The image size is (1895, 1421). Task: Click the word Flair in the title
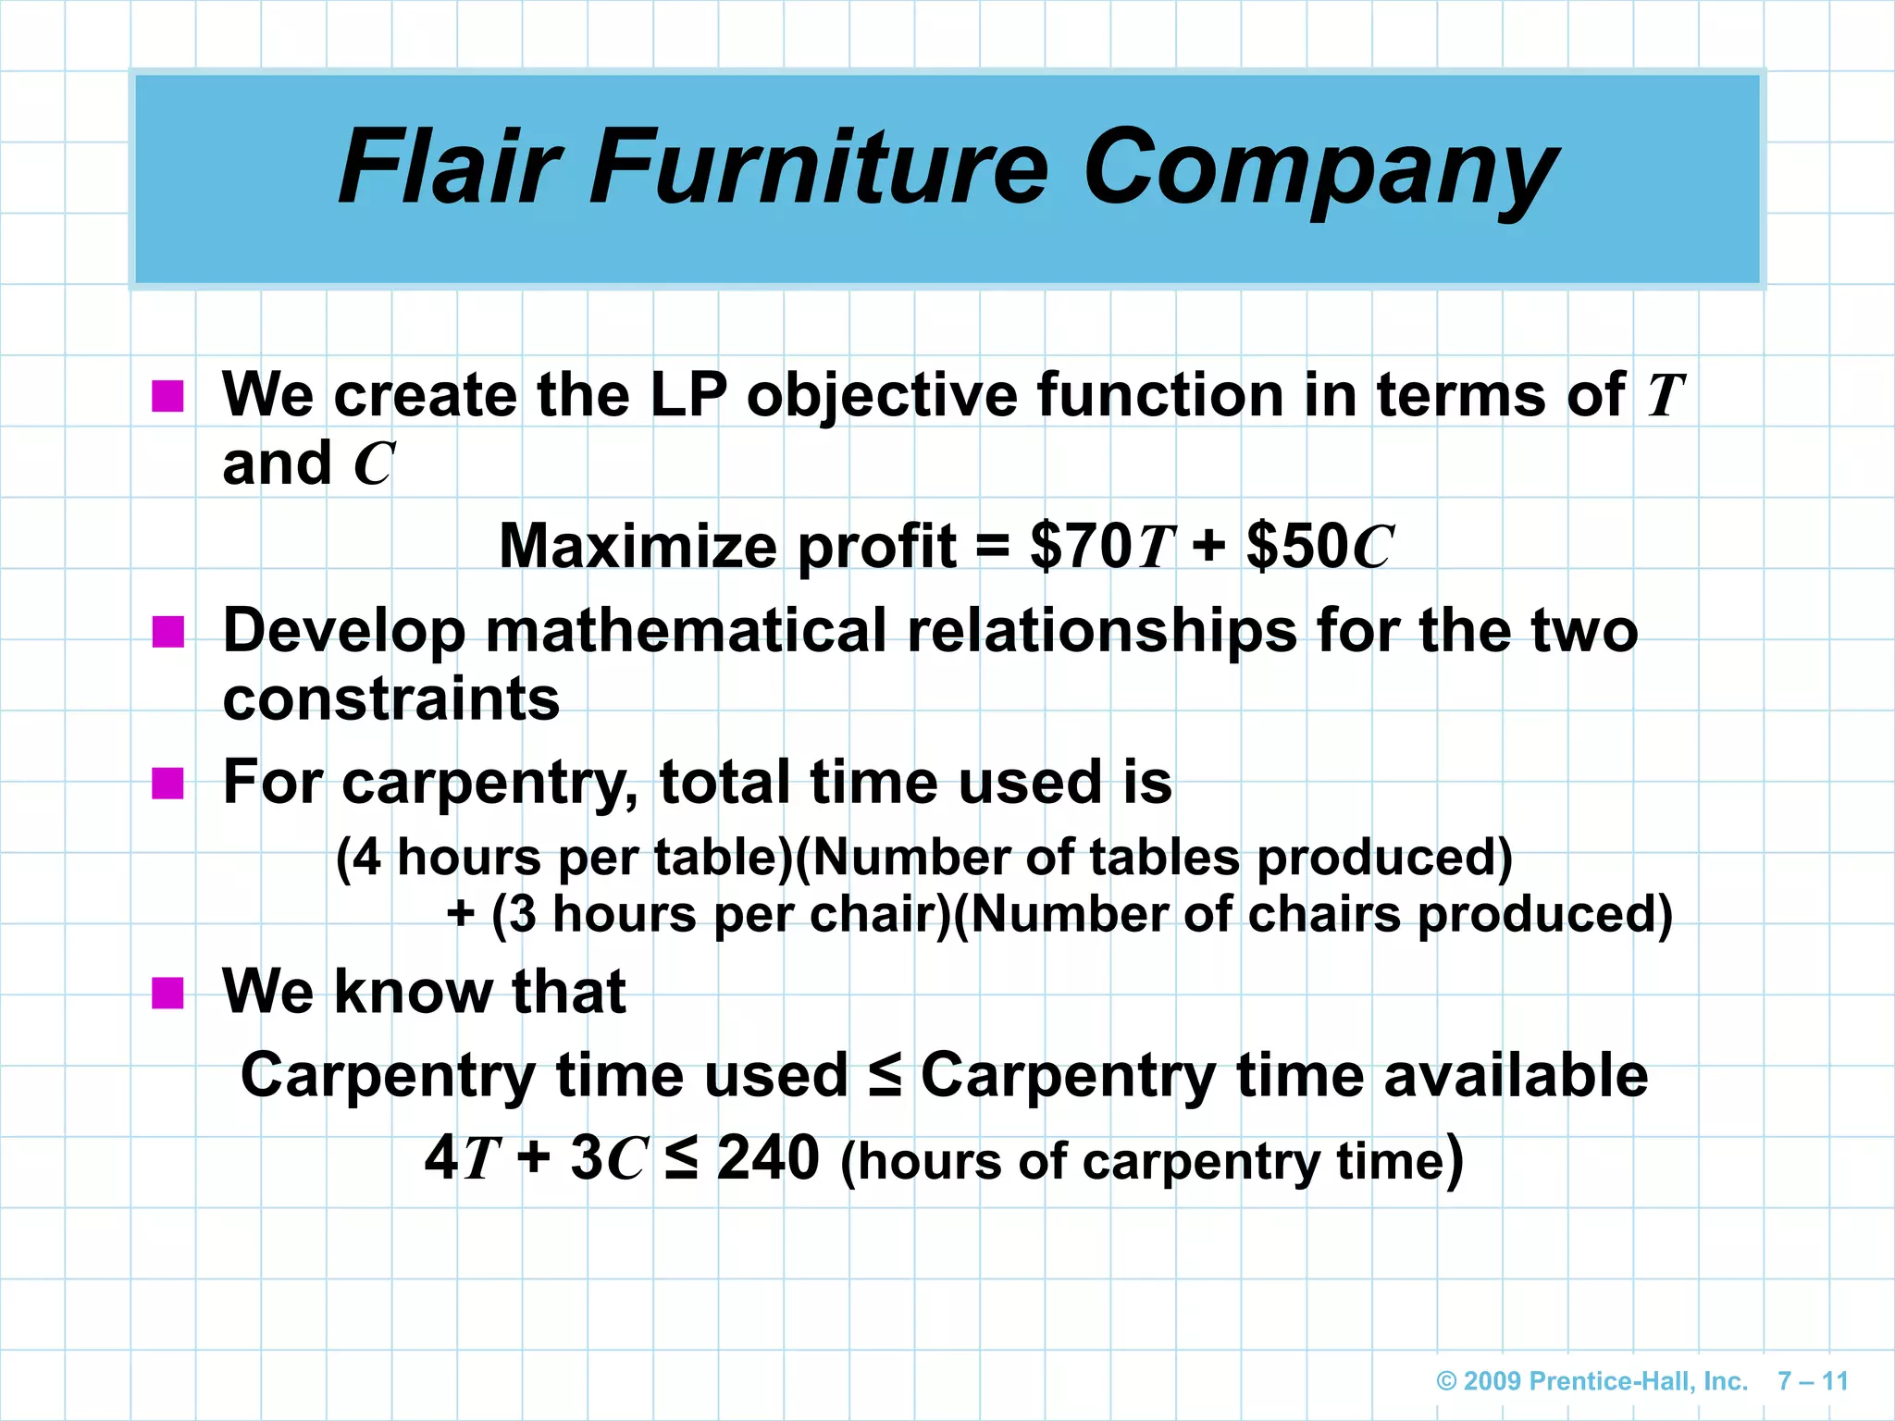tap(450, 168)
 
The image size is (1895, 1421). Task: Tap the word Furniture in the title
tap(818, 168)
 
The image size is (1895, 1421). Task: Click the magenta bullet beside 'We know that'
tap(167, 993)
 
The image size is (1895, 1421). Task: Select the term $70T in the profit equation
tap(1102, 546)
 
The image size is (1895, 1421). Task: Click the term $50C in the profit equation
tap(1319, 546)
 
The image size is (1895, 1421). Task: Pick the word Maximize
tap(638, 546)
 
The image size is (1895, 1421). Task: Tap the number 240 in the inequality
tap(768, 1157)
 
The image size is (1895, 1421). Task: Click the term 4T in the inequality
tap(462, 1157)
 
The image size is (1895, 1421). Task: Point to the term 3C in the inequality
tap(607, 1157)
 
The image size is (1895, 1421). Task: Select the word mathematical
tap(686, 632)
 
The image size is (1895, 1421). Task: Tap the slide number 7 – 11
tap(1813, 1381)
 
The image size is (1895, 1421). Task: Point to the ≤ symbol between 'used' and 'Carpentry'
tap(885, 1075)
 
